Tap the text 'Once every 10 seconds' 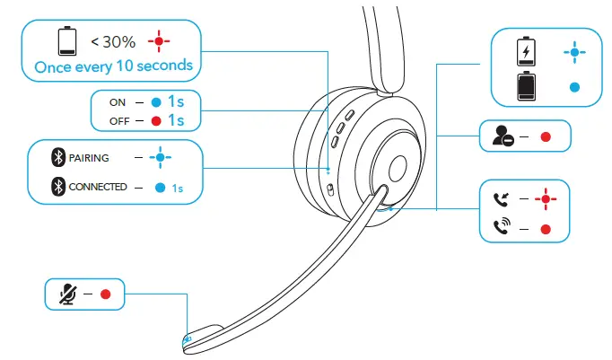[112, 66]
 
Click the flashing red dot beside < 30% [159, 42]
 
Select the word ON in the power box [118, 101]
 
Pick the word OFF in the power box [119, 120]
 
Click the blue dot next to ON [156, 101]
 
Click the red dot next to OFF [156, 120]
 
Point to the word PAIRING [89, 158]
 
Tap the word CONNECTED [98, 188]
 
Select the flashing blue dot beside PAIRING [160, 158]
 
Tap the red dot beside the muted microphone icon [105, 294]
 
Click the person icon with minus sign [502, 137]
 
